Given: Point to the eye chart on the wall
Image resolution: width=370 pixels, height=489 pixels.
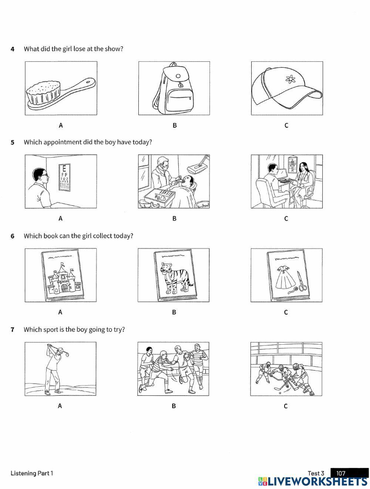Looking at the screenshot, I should click(65, 178).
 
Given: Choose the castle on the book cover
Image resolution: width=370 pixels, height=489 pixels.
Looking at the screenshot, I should click(61, 279).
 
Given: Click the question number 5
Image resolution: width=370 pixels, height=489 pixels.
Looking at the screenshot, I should click(13, 142).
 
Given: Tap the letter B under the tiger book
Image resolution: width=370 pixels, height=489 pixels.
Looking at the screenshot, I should click(174, 312).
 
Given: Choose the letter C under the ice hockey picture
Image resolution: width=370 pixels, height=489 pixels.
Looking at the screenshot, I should click(286, 406).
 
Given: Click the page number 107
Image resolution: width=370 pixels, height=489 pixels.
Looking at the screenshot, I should click(341, 473).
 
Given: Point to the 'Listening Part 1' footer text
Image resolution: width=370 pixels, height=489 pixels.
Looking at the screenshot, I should click(32, 473).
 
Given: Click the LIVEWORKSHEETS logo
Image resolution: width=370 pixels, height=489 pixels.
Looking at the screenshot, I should click(313, 481).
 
